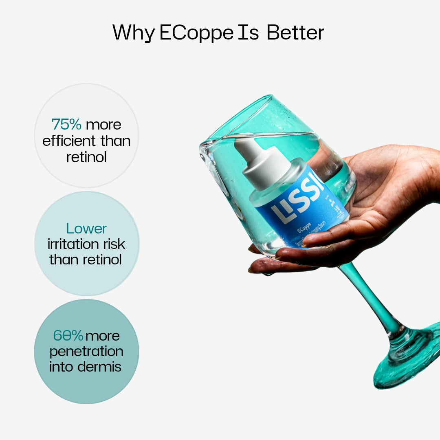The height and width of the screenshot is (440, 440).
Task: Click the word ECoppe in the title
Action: coord(196,33)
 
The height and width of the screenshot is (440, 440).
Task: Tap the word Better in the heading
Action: coord(295,33)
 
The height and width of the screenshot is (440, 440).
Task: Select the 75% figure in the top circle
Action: coord(66,124)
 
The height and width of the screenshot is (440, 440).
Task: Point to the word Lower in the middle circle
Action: coord(86,229)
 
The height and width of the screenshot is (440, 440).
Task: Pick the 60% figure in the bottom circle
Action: coord(68,336)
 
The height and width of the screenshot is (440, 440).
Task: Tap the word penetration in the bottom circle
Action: coord(86,351)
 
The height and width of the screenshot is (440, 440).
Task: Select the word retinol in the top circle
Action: coord(86,157)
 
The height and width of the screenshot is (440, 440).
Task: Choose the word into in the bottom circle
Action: coord(61,366)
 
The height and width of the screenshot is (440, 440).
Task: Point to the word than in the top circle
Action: coord(115,141)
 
